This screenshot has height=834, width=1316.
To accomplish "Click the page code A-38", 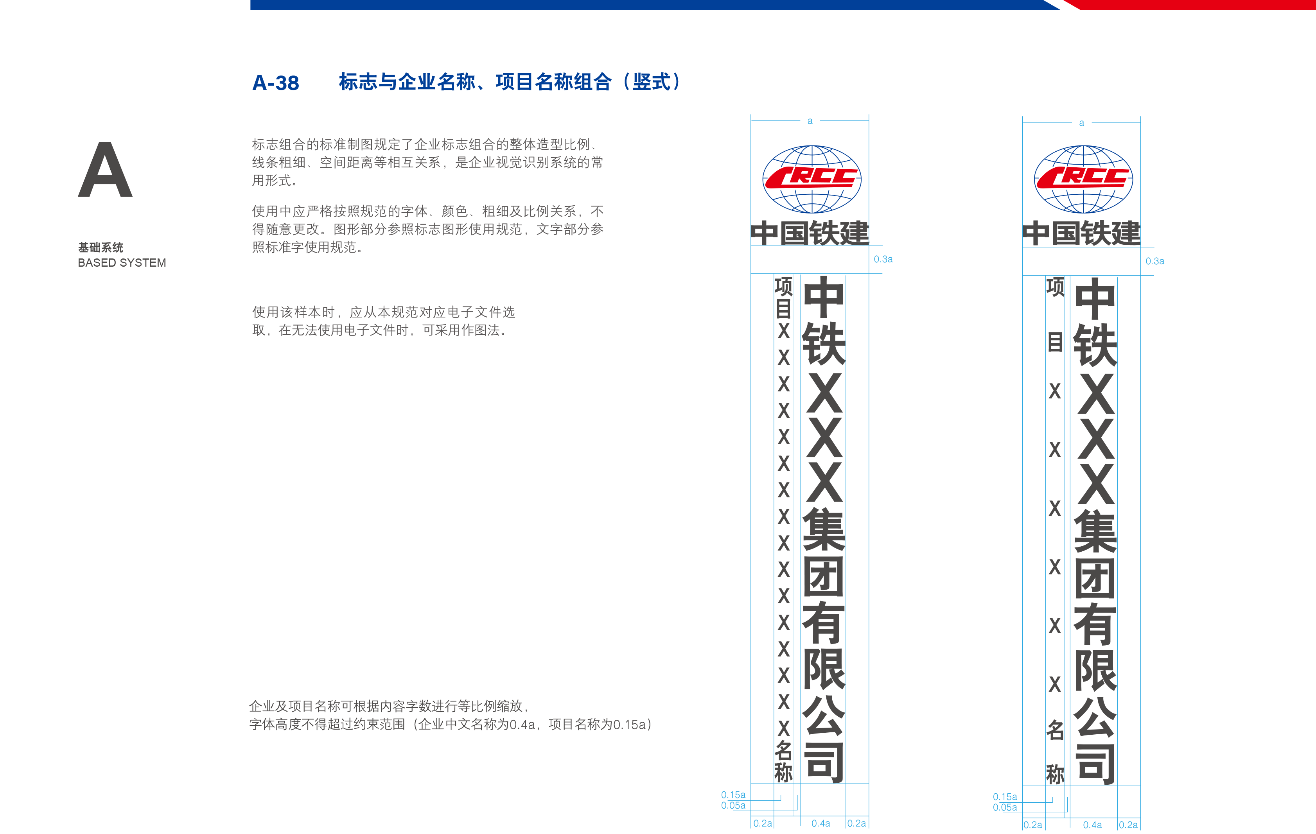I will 275,83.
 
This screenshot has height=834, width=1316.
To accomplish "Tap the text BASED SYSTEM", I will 121,263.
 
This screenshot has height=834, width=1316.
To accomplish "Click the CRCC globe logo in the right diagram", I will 1083,179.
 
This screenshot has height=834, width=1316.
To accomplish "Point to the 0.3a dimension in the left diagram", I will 883,259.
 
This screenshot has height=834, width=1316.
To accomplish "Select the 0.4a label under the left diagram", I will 820,823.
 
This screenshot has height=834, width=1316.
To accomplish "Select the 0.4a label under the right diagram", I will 1092,825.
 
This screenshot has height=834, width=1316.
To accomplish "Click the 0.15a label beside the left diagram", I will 733,795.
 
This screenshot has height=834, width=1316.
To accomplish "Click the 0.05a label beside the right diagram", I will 1004,807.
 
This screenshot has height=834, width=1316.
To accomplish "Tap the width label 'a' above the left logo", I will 810,121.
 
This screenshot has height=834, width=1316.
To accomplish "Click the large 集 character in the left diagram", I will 824,529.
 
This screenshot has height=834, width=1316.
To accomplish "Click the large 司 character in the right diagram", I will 1095,763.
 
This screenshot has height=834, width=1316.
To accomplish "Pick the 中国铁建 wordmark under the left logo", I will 810,233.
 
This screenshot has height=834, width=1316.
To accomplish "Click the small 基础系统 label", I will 101,248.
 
